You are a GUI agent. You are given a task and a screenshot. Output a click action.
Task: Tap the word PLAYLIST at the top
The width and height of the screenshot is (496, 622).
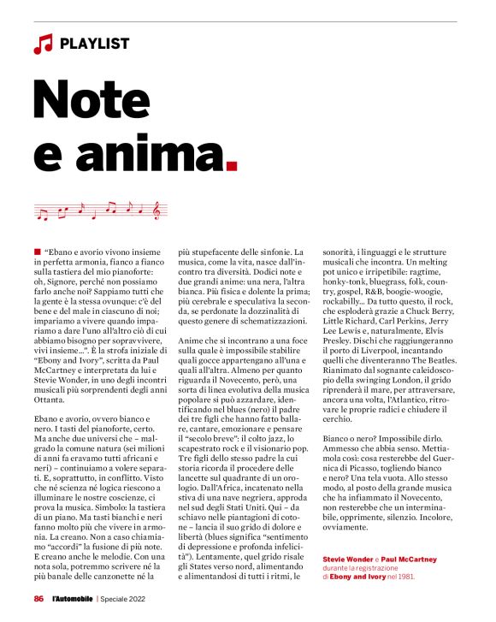pos(95,43)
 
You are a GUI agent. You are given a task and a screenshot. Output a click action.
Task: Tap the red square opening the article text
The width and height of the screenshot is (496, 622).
pos(38,250)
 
